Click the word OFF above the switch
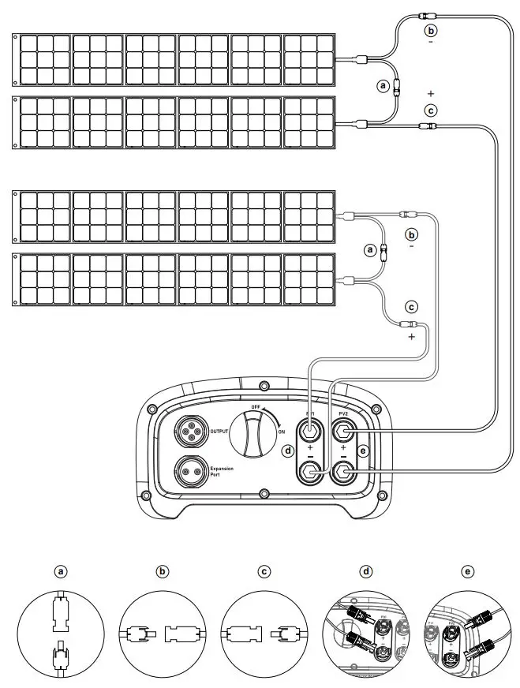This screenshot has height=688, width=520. coord(254,407)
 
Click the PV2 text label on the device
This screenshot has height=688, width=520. coord(343,413)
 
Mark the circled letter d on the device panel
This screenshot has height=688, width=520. coord(288,451)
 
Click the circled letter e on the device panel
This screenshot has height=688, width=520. coord(364,451)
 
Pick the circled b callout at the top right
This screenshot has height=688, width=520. coord(430,30)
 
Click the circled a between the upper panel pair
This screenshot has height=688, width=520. coord(383,86)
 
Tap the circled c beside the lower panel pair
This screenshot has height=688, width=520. coord(411,306)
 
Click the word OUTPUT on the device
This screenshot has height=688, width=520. coord(219,432)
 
